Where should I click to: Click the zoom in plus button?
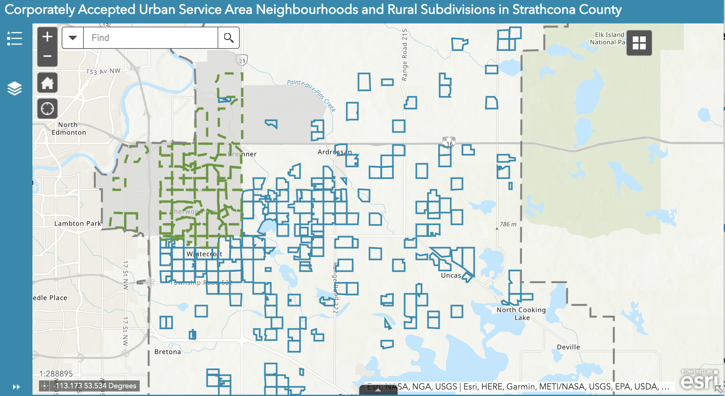point(47,37)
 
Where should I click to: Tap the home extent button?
point(47,83)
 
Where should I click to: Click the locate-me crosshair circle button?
point(47,108)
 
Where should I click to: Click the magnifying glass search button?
point(229,38)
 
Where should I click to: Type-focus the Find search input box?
point(150,38)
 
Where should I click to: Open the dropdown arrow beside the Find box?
point(73,38)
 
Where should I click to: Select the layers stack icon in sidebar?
point(15,88)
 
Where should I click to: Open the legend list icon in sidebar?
point(15,38)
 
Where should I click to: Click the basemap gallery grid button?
point(639,43)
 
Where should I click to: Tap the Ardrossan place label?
point(335,152)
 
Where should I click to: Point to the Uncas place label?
point(451,275)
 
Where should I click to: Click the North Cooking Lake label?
point(521,314)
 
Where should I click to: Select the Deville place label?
point(568,347)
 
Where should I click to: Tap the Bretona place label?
point(168,352)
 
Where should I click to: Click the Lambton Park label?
point(78,223)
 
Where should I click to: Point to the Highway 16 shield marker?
point(449,143)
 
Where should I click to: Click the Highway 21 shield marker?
point(242,60)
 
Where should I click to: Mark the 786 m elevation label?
point(508,224)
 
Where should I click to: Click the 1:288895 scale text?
point(56,374)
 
